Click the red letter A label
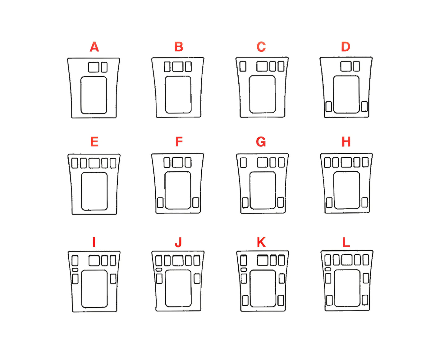tap(94, 47)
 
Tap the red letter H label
tap(346, 142)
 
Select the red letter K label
tap(261, 242)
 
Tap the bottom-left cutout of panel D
tap(328, 107)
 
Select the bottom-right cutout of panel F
tap(196, 202)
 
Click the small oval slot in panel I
tap(75, 270)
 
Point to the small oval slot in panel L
tap(328, 269)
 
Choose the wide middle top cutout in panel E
tap(94, 163)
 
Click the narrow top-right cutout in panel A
tap(104, 67)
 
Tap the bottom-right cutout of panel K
tap(281, 300)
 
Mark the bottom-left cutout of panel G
tap(245, 202)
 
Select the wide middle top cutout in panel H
tap(346, 162)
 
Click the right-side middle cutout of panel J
tap(197, 279)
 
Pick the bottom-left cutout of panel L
tap(329, 300)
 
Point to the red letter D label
tap(346, 47)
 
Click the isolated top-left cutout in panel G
tap(243, 163)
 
